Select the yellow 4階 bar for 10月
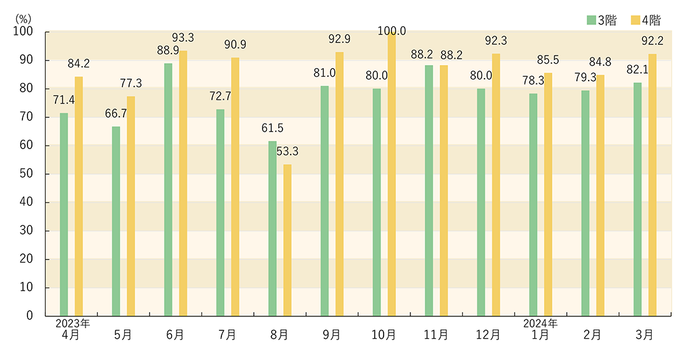pyautogui.click(x=392, y=174)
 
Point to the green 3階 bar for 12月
pyautogui.click(x=481, y=202)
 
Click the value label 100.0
pyautogui.click(x=392, y=31)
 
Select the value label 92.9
pyautogui.click(x=339, y=39)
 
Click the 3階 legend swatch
pyautogui.click(x=591, y=20)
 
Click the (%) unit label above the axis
pyautogui.click(x=22, y=17)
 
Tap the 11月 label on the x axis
pyautogui.click(x=436, y=334)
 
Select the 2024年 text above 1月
pyautogui.click(x=541, y=324)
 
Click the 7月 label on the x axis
pyautogui.click(x=227, y=334)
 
